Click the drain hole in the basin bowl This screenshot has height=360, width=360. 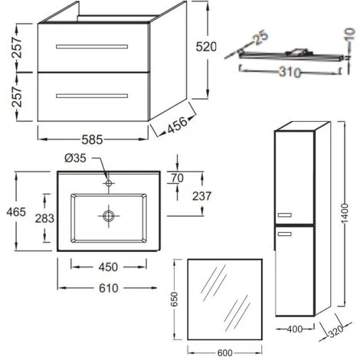click(109, 217)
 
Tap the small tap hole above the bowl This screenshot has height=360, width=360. click(109, 184)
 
